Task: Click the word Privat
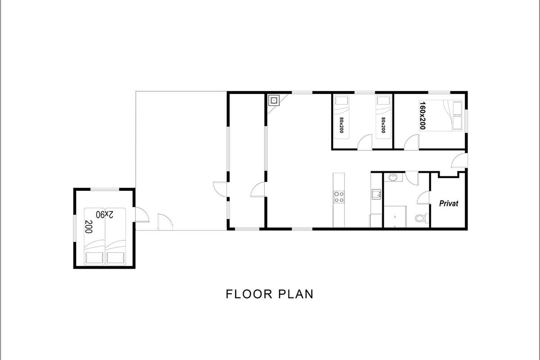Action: pos(449,203)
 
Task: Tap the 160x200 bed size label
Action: pos(423,116)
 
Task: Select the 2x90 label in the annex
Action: pos(104,214)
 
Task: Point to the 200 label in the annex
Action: pos(89,227)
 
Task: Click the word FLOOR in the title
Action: pos(249,294)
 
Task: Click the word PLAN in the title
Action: pos(296,294)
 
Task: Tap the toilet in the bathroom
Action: pos(421,218)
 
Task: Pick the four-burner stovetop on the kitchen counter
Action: pos(339,197)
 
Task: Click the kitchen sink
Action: pos(376,194)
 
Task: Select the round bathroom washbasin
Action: pos(393,177)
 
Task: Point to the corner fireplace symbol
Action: pos(274,100)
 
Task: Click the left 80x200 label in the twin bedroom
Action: pos(342,125)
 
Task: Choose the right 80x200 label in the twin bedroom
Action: pos(383,125)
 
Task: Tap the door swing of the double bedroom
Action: pos(412,142)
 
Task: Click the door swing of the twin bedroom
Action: pos(365,142)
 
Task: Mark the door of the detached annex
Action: pos(142,215)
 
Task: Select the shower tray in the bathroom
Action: pos(395,216)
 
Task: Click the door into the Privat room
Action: pos(423,198)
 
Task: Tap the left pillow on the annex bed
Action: pos(94,258)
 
